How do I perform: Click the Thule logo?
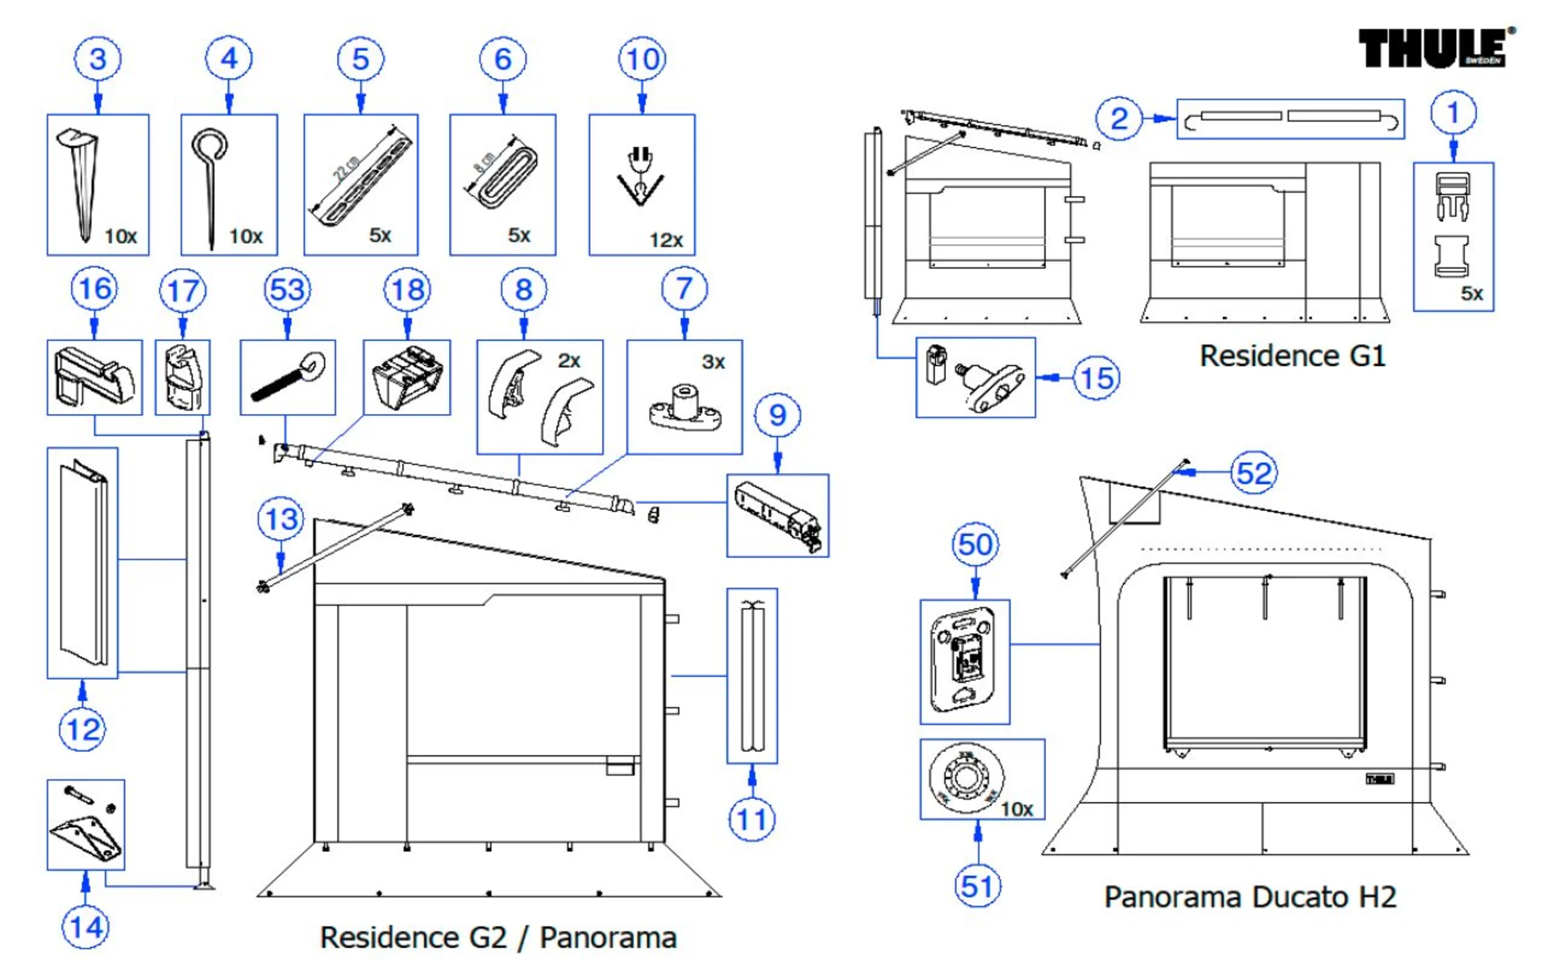[1433, 48]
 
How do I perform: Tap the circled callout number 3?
[98, 59]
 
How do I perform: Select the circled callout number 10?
[642, 59]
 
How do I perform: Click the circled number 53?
[288, 290]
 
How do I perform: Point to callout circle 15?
[1096, 377]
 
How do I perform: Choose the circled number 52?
[1254, 473]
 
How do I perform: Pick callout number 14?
[86, 927]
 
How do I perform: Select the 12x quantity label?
[666, 240]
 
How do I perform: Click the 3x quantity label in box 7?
[713, 362]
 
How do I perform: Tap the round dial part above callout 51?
[965, 778]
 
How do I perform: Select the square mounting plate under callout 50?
[963, 661]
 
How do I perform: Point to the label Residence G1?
[1292, 355]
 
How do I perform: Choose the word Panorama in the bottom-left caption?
[608, 937]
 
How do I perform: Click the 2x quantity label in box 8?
[569, 360]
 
